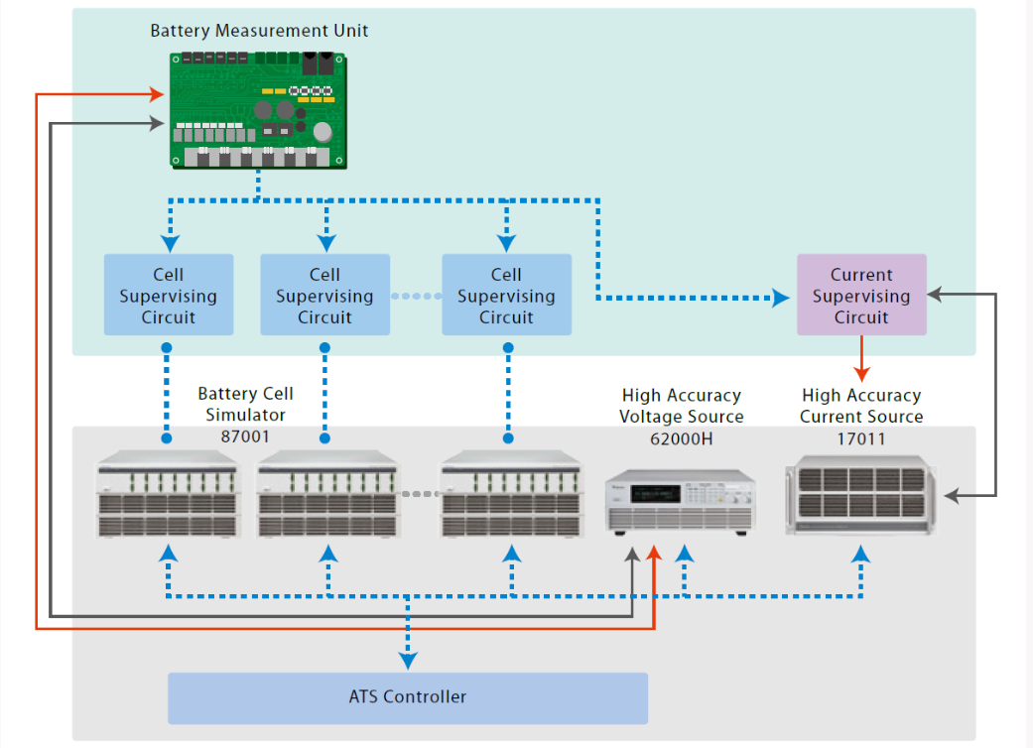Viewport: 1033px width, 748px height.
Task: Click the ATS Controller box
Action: (x=408, y=698)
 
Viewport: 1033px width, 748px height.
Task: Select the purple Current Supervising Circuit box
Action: (x=861, y=295)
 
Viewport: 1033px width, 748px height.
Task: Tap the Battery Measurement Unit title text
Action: (x=259, y=31)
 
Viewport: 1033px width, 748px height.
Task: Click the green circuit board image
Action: (x=258, y=111)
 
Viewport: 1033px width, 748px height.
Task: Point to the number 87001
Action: (x=245, y=436)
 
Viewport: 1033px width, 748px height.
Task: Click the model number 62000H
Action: (x=681, y=439)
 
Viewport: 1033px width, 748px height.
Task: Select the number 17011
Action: (x=861, y=439)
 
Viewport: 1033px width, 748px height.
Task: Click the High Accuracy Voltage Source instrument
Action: (x=681, y=502)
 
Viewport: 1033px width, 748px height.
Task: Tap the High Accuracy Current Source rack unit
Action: (x=861, y=495)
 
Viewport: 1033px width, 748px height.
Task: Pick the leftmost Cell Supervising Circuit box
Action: (x=169, y=295)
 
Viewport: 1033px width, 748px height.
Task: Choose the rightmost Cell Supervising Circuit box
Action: (x=507, y=295)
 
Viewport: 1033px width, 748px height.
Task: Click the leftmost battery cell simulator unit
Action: (x=168, y=494)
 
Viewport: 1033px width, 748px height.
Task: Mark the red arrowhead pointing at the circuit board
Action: (x=157, y=94)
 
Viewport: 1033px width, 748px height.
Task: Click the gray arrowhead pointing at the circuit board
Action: (x=157, y=123)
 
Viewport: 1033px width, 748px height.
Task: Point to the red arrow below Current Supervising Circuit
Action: (x=861, y=359)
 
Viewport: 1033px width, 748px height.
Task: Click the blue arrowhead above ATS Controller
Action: (x=408, y=661)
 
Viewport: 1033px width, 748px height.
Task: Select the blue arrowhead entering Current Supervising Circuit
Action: (x=781, y=299)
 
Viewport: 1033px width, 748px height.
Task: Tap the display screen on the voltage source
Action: (x=656, y=494)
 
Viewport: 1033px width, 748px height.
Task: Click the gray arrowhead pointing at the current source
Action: (x=953, y=496)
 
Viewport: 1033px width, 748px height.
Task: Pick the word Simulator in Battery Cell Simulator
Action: (x=245, y=415)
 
